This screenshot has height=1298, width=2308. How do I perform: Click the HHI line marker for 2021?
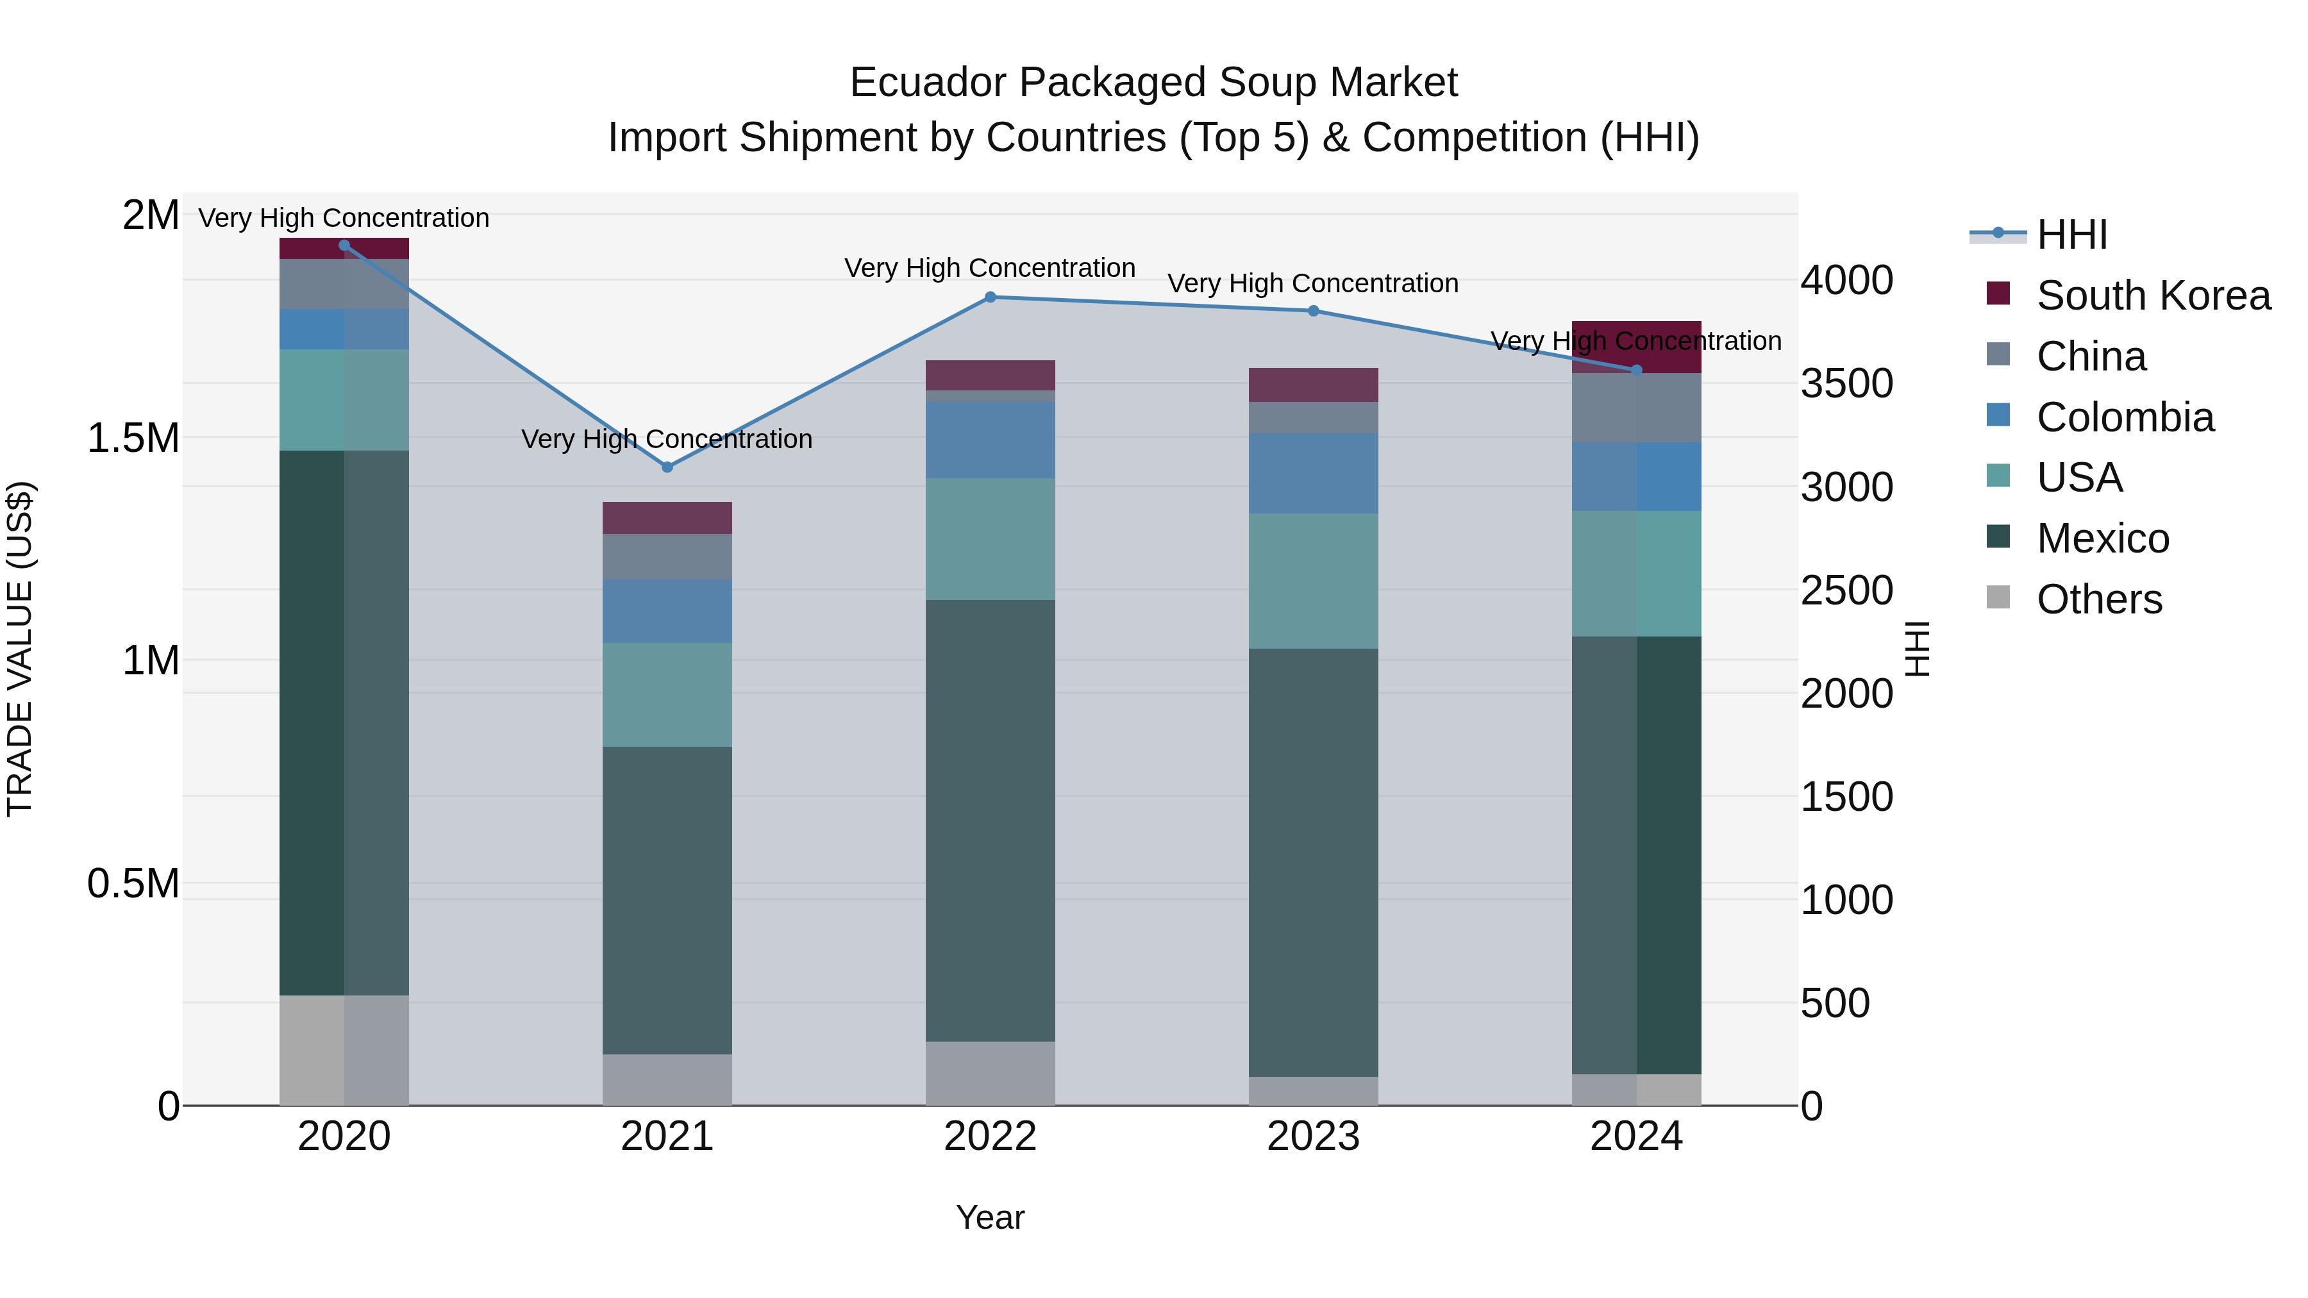667,467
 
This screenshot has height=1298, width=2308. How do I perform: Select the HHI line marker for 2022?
990,297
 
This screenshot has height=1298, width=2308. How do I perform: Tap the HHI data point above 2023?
1314,311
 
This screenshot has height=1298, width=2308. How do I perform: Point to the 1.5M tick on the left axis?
133,438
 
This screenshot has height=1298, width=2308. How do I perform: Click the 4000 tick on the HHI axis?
1846,280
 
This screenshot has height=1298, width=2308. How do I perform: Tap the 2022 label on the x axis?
990,1136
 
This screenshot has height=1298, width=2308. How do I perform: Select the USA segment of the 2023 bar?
1314,581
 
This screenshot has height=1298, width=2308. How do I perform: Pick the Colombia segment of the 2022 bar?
990,440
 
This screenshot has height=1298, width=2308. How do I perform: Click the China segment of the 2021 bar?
667,556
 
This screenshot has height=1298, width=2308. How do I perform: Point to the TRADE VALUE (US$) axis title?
21,649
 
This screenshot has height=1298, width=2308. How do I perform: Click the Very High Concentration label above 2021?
667,439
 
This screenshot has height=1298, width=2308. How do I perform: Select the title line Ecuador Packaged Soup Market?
1153,83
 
